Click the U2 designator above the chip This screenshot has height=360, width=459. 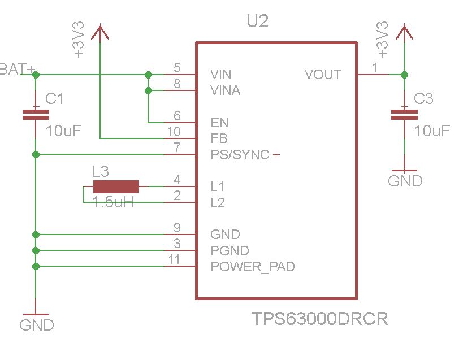coord(257,22)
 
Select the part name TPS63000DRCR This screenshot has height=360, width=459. coord(319,319)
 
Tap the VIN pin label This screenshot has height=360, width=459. coord(220,75)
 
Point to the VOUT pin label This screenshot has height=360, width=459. coord(323,75)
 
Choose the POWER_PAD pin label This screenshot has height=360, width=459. coord(252,267)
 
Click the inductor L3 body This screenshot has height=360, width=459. coord(116,186)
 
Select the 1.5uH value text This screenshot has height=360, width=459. coord(114,202)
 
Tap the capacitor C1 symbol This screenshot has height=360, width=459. coord(36,115)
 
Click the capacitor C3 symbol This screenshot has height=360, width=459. coord(404,115)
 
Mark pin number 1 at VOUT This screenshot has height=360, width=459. coord(374,68)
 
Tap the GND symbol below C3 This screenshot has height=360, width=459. coord(405,176)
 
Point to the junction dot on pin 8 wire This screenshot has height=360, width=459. coord(148,90)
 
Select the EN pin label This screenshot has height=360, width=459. coord(219,122)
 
